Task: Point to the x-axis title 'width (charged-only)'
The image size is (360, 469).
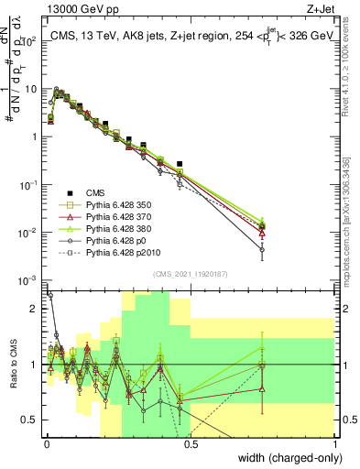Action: pyautogui.click(x=285, y=456)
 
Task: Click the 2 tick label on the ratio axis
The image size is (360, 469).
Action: pyautogui.click(x=35, y=309)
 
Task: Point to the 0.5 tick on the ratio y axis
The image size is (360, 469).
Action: pyautogui.click(x=30, y=420)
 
